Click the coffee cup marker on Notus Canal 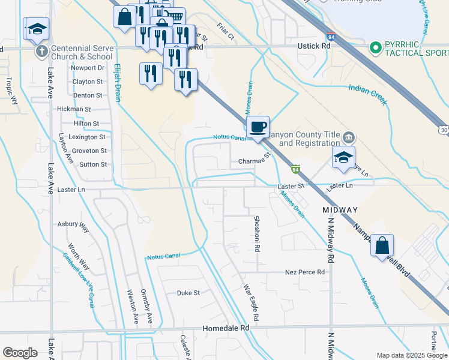tap(258, 127)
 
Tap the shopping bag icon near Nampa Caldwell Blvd tap(382, 245)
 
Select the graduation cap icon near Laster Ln tap(343, 158)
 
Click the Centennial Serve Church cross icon tap(41, 50)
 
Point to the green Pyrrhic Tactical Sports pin tap(376, 47)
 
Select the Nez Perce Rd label tap(305, 272)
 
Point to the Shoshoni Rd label tap(256, 233)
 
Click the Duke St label tap(188, 293)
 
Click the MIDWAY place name tap(340, 210)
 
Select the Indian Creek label tap(368, 95)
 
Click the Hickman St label tap(74, 109)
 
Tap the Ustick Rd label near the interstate tap(313, 45)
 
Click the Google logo tap(20, 353)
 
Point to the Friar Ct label tap(226, 37)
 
